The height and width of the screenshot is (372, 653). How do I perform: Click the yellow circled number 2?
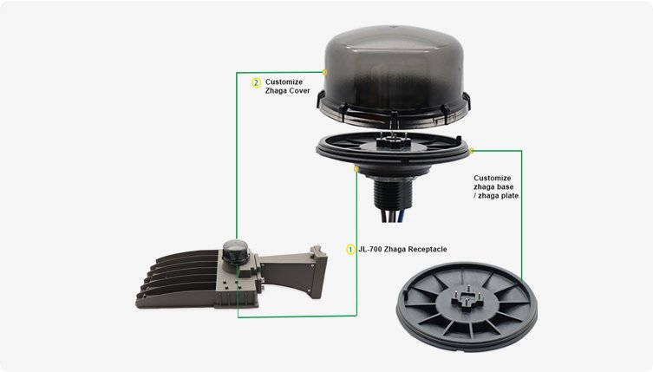point(256,82)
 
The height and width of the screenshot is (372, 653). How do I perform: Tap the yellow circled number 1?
point(350,249)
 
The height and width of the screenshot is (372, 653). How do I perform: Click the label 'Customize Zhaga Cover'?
point(287,86)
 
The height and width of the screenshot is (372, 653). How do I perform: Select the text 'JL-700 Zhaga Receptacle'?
point(402,249)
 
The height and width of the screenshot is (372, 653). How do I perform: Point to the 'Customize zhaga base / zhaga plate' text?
point(496,186)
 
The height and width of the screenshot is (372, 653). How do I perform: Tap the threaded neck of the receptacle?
point(393,193)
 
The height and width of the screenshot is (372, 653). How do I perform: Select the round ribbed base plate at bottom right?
point(467,307)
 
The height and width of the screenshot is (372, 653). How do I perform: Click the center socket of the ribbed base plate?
point(467,297)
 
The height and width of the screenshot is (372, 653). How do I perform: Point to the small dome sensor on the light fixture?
point(236,251)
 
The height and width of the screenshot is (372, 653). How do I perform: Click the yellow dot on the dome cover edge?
point(324,72)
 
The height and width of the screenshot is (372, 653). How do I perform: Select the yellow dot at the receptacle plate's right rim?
point(472,151)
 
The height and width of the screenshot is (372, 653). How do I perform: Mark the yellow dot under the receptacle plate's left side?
point(356,169)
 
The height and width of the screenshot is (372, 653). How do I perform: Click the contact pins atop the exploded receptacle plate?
point(391,139)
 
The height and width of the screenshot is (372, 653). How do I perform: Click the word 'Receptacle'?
point(428,249)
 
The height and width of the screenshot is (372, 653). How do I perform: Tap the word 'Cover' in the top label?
point(300,91)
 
